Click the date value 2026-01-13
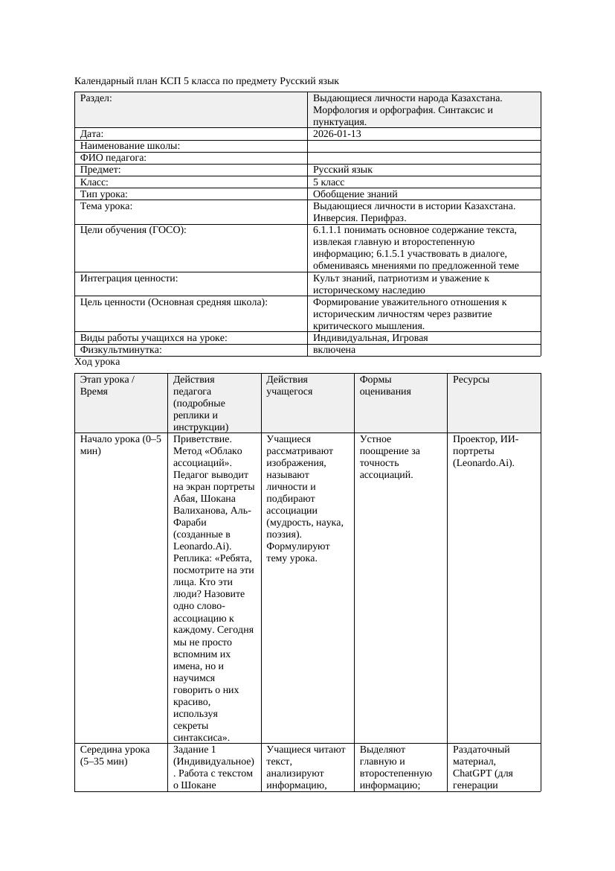point(337,134)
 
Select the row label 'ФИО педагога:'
point(113,158)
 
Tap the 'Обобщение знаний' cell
point(354,194)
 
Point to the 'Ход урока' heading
point(97,362)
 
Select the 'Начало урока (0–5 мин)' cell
point(120,444)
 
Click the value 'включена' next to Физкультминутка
point(334,350)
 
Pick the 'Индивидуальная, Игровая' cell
point(370,338)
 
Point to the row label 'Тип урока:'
point(104,194)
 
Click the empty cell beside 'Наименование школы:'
point(424,146)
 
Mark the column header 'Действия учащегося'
point(289,385)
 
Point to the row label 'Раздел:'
point(96,98)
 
